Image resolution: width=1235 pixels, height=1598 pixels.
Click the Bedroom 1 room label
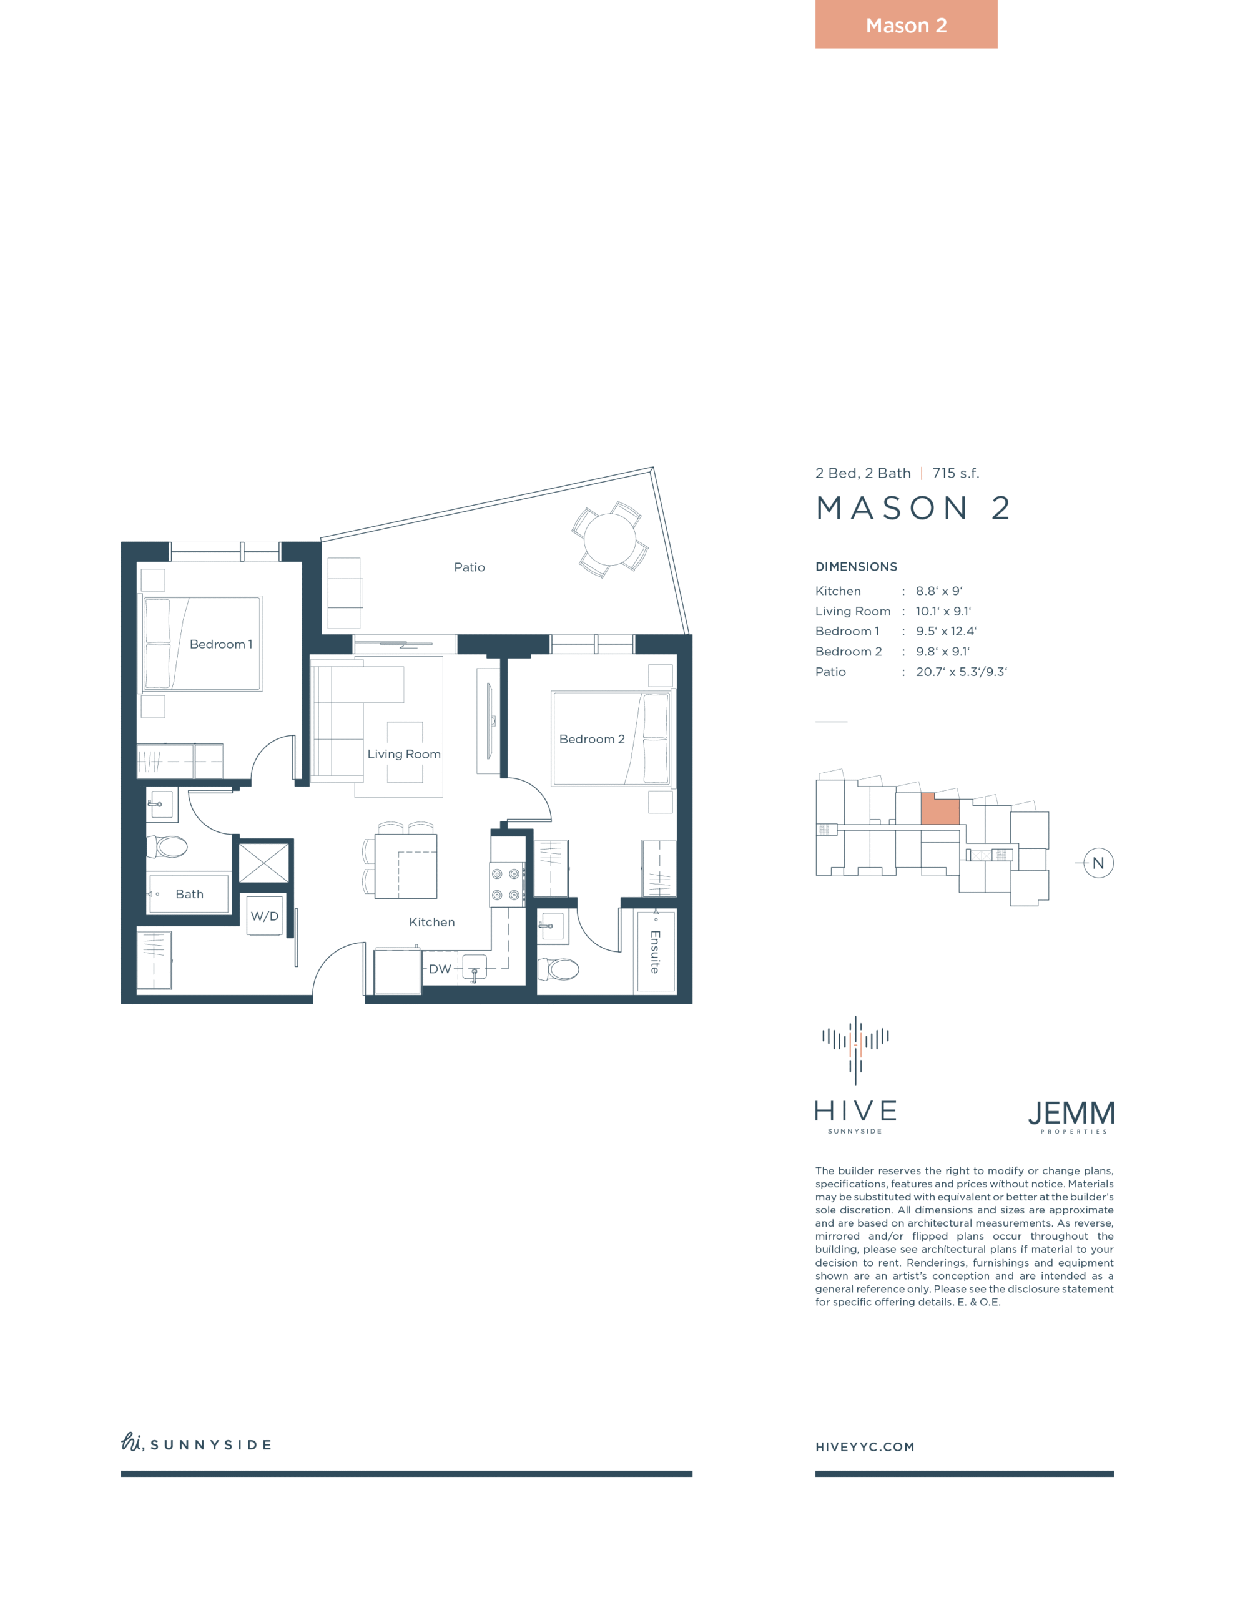(220, 644)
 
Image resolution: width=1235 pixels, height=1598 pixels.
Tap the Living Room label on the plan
(404, 753)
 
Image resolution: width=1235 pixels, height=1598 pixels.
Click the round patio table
(610, 539)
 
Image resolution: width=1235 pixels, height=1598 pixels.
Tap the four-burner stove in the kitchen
(506, 884)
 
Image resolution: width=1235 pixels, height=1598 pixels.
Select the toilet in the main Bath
(168, 846)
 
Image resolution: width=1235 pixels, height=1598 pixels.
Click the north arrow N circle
(1098, 863)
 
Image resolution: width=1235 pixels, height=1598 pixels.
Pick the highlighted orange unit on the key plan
(939, 808)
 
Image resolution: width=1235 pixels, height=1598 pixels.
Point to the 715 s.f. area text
(955, 473)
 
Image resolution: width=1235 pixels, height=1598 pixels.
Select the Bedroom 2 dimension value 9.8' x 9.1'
(943, 651)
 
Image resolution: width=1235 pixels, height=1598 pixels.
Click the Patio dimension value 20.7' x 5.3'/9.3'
(961, 672)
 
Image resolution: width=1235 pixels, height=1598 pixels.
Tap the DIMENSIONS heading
(856, 566)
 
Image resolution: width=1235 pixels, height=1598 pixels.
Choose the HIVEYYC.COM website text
(865, 1446)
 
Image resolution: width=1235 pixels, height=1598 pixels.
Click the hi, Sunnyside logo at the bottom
(196, 1443)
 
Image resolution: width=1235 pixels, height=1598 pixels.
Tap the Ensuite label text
(655, 951)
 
